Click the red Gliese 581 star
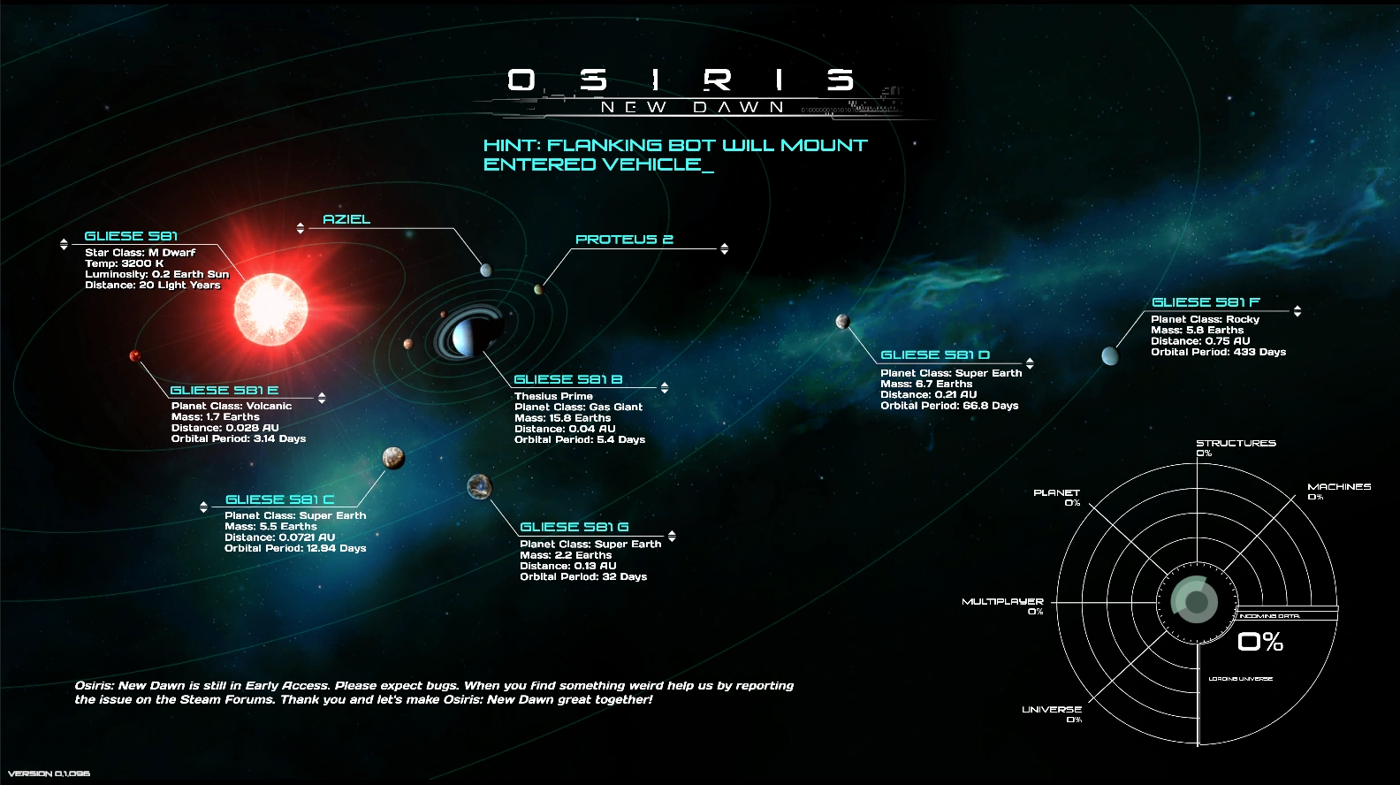270,308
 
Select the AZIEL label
346,219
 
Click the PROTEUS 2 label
624,240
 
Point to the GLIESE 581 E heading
224,390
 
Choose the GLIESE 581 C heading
279,499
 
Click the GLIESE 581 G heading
574,527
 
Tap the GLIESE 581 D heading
935,354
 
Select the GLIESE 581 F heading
1206,302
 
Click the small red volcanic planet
135,355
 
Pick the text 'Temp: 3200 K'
125,263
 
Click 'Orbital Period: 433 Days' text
1218,352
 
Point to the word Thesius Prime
553,396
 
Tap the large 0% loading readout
1260,642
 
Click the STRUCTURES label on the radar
1236,443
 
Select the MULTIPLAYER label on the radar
1002,601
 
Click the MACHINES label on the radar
1339,486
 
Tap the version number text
49,774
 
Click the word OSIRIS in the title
681,80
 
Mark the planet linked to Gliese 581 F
1110,355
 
